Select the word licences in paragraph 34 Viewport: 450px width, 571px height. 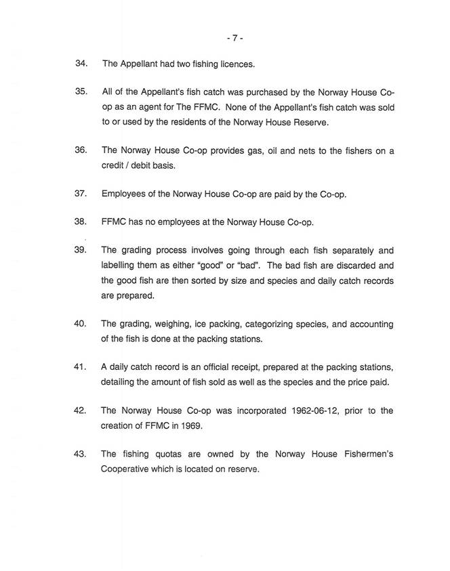[x=234, y=64]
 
